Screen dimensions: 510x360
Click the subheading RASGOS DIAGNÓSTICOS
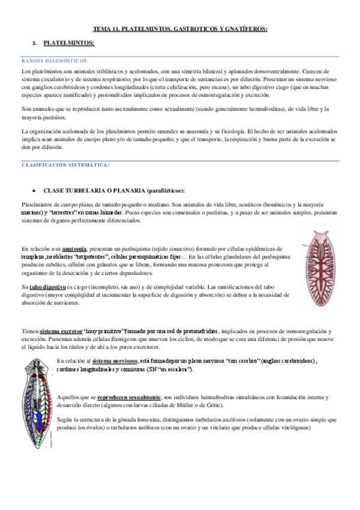tap(55, 61)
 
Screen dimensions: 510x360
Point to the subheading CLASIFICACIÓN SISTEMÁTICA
tap(66, 165)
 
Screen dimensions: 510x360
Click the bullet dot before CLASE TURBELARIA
tap(37, 190)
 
